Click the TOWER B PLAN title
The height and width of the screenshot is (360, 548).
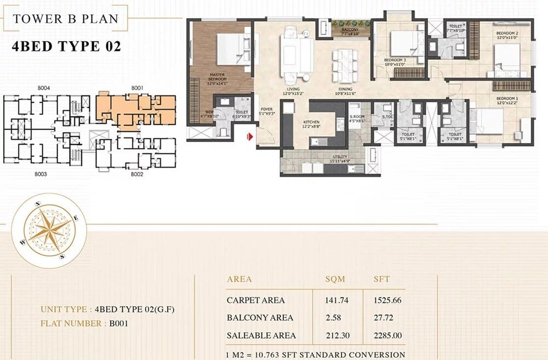pyautogui.click(x=65, y=18)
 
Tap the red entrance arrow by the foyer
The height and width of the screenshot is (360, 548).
pyautogui.click(x=250, y=137)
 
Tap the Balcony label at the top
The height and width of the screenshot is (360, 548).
pyautogui.click(x=350, y=31)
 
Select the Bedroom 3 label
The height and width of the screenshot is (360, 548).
pyautogui.click(x=394, y=61)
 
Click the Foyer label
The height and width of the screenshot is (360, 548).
pyautogui.click(x=266, y=110)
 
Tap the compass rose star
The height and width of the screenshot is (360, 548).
pyautogui.click(x=48, y=232)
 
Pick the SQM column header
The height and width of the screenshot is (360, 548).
pyautogui.click(x=335, y=279)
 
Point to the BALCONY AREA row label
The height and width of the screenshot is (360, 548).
pyautogui.click(x=260, y=318)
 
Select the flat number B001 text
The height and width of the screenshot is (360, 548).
pyautogui.click(x=118, y=323)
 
